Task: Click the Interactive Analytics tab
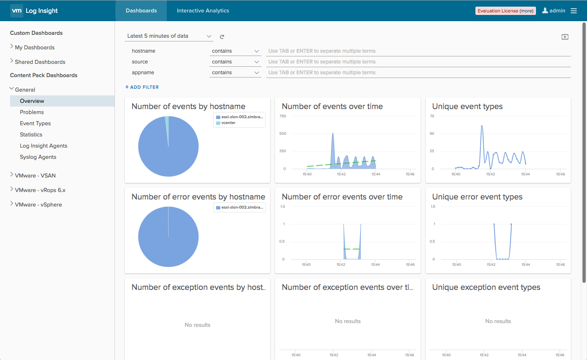coord(203,10)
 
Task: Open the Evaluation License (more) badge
coord(505,11)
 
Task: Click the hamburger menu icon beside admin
coord(574,11)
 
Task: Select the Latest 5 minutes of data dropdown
coord(169,36)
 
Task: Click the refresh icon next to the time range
coord(222,36)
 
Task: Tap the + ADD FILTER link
coord(142,87)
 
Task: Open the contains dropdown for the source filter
coord(235,61)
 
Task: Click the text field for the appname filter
coord(419,73)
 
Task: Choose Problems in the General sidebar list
coord(32,112)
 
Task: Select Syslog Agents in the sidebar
coord(38,157)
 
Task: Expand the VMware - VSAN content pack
coord(35,175)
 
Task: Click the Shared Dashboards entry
coord(40,62)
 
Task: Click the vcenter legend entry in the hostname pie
coord(228,123)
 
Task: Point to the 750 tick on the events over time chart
coord(283,116)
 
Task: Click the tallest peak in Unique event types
coord(482,126)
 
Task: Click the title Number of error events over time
coord(342,197)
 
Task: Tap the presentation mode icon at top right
coord(565,37)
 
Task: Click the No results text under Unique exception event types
coord(498,321)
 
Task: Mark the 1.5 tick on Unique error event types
coord(433,207)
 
